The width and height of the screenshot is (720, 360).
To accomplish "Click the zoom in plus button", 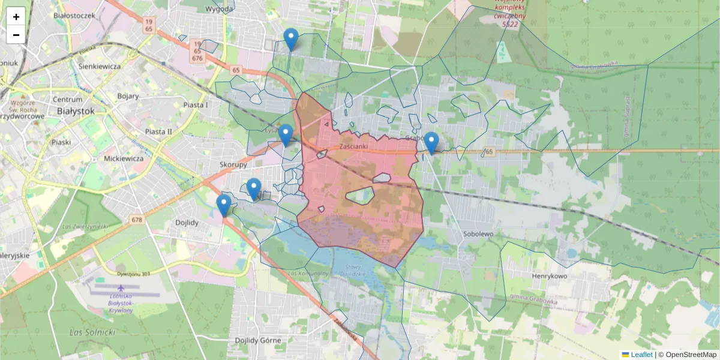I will coord(16,17).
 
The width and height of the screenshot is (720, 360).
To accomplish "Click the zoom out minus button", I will coord(16,35).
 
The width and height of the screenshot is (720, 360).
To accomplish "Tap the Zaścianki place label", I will coord(353,146).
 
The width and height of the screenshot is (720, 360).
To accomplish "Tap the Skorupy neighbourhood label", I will coord(233,164).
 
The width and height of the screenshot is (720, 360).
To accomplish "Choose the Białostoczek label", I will coord(74,15).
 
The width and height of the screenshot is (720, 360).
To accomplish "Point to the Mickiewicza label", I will coord(124,158).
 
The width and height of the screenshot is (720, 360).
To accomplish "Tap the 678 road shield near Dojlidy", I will coord(137,220).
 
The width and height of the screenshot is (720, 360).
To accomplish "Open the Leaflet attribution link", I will coord(641,355).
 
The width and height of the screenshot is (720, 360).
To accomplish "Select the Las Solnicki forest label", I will coord(92,332).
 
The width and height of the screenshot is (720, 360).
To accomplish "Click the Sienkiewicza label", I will coord(100,66).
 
